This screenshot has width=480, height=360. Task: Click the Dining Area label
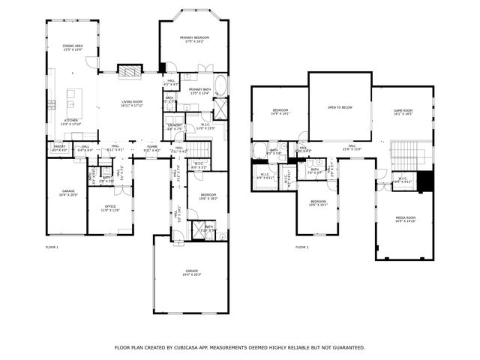point(73,47)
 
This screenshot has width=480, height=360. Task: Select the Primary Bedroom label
point(193,39)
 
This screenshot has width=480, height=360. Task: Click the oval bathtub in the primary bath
point(223,83)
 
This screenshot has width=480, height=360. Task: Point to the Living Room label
point(131,104)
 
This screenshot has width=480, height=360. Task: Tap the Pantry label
point(59,148)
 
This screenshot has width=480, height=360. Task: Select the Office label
point(109,208)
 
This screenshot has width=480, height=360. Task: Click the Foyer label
point(152,148)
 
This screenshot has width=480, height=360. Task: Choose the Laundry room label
point(175,127)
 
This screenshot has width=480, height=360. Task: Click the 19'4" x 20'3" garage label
point(192,272)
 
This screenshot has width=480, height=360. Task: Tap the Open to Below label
point(340,107)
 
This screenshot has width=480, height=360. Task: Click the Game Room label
point(403,112)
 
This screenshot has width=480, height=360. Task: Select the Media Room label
point(405,219)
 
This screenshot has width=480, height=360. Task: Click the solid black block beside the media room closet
point(425,181)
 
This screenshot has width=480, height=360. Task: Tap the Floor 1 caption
point(52,247)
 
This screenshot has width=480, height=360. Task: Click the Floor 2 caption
point(301,247)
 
